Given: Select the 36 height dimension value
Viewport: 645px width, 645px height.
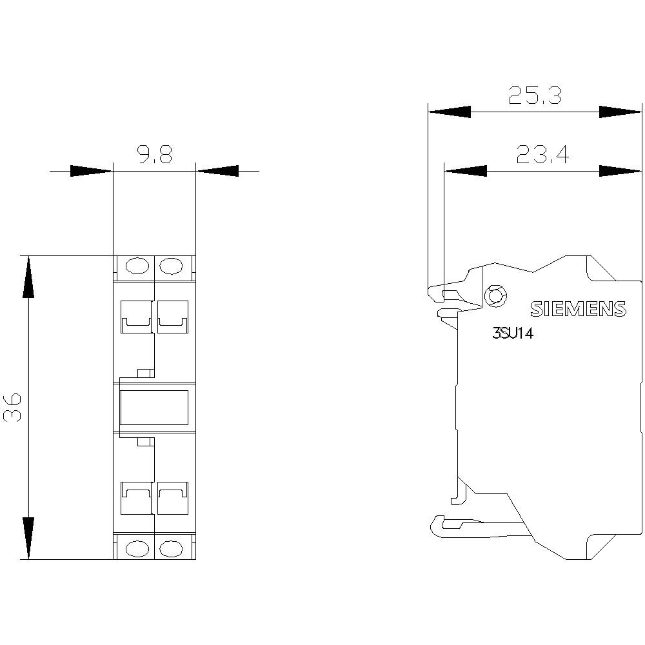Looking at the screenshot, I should click(x=14, y=406).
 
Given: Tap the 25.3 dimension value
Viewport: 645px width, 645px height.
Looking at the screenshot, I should click(x=535, y=95).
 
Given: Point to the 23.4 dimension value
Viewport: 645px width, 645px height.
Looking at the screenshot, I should click(x=542, y=155).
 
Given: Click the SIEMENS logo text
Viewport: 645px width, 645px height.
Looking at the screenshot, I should click(x=578, y=309).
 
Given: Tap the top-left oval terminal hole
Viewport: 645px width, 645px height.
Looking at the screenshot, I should click(x=136, y=265).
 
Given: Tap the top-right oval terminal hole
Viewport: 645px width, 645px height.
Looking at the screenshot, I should click(x=171, y=265).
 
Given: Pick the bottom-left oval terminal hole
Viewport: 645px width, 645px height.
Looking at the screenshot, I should click(x=136, y=548).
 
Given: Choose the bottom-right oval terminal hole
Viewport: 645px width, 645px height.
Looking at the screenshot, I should click(x=171, y=548).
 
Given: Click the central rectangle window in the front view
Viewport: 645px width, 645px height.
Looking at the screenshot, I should click(x=154, y=407).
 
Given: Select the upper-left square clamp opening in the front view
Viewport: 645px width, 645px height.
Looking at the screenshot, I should click(x=135, y=316).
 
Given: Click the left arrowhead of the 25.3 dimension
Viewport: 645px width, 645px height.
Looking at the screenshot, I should click(x=449, y=112).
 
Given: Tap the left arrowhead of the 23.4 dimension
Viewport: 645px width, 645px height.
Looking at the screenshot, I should click(x=465, y=171).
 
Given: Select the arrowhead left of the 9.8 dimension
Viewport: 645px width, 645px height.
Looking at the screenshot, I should click(x=91, y=171).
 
